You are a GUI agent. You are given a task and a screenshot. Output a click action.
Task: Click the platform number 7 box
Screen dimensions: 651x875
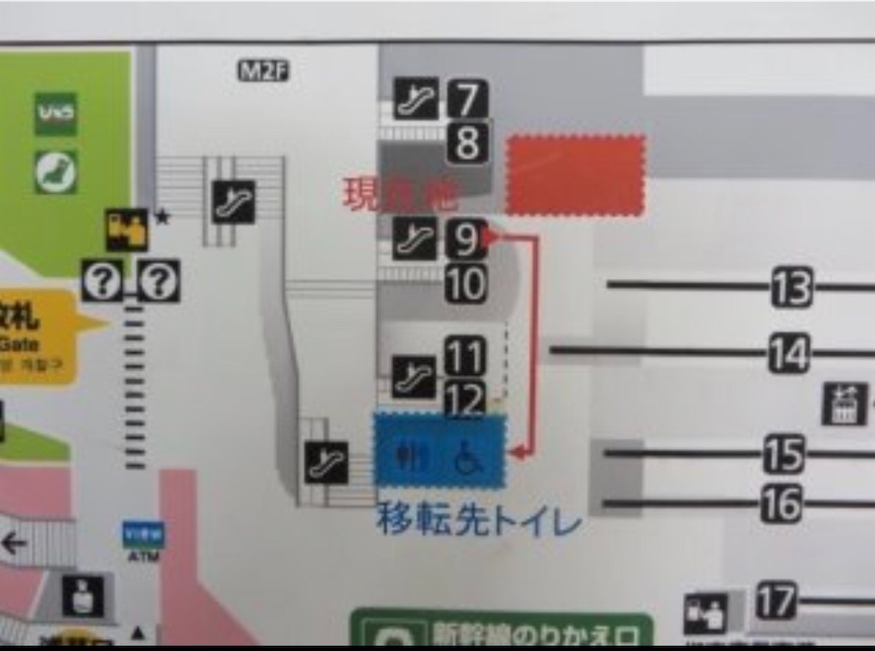click(467, 98)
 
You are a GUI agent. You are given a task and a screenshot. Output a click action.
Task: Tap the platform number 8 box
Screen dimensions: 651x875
click(467, 142)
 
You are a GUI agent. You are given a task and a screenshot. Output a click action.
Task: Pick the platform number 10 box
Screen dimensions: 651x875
click(466, 284)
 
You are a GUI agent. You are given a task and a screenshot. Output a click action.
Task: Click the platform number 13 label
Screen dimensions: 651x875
click(791, 287)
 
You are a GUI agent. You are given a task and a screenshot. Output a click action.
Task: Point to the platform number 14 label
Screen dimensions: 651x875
click(788, 352)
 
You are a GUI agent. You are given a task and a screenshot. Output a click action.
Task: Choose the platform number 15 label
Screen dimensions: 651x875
click(784, 454)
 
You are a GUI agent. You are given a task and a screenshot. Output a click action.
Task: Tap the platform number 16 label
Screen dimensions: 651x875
click(781, 503)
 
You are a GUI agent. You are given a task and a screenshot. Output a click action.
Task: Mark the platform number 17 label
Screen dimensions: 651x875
click(776, 600)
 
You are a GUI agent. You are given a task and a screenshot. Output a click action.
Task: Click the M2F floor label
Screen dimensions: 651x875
click(263, 72)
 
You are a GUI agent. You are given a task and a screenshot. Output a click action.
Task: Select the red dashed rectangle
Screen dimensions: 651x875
click(575, 175)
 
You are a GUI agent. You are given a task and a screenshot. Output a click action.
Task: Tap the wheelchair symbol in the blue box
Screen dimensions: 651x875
click(467, 455)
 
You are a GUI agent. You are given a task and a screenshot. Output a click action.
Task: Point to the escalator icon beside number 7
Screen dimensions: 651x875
click(416, 98)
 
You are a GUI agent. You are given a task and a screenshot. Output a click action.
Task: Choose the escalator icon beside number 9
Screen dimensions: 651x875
click(416, 240)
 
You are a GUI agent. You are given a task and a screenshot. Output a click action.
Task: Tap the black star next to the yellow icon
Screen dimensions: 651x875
click(163, 217)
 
